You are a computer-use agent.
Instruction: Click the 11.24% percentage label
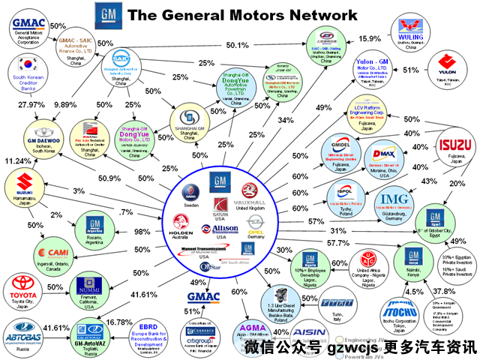(x=16, y=160)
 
